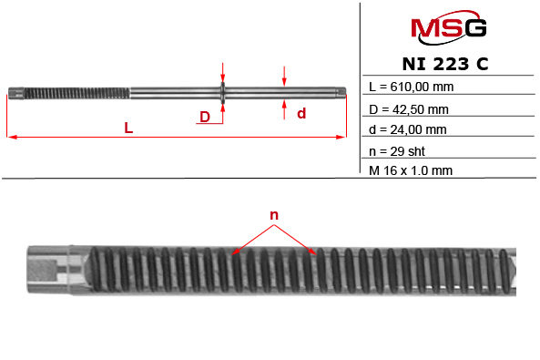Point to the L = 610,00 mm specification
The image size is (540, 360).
tap(411, 87)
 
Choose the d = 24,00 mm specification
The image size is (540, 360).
tap(407, 129)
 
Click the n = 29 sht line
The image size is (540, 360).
tap(397, 150)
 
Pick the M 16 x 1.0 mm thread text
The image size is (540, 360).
tap(411, 170)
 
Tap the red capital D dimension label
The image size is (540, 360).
tap(205, 117)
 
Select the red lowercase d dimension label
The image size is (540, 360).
tap(301, 114)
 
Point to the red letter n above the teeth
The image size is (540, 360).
tap(273, 216)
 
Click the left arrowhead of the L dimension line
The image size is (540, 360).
tap(11, 138)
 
